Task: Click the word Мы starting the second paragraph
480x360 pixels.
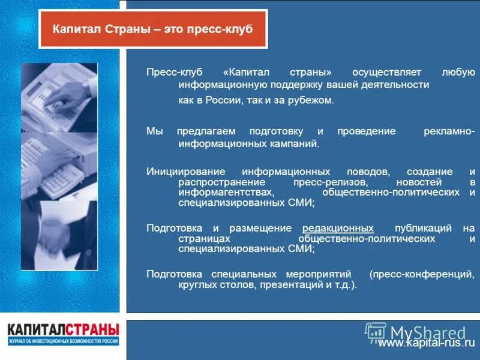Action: [154, 131]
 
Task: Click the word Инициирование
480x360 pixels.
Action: [184, 171]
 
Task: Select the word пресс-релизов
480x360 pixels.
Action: [325, 182]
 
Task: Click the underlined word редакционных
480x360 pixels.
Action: [338, 228]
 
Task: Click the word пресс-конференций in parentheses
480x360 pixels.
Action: [422, 273]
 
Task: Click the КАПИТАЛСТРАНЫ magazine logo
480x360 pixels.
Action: [63, 334]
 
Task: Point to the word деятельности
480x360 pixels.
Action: [395, 85]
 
